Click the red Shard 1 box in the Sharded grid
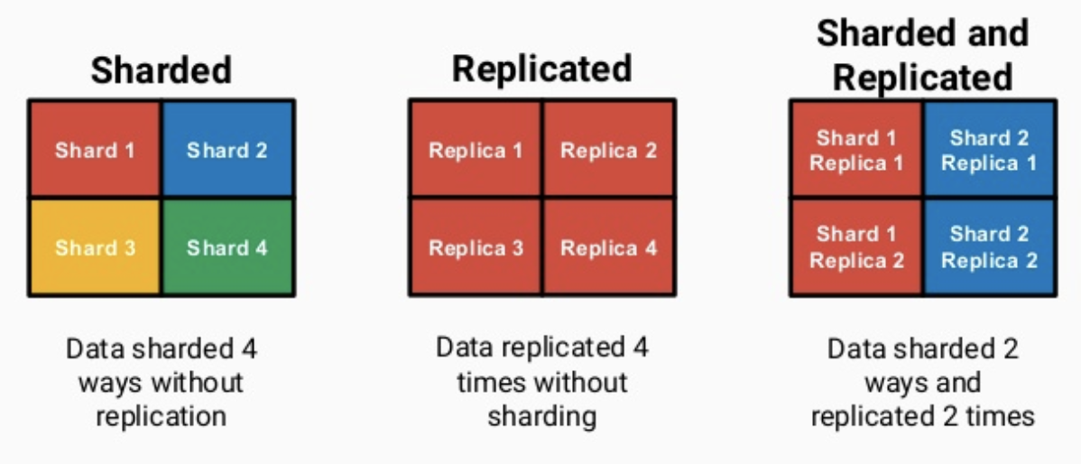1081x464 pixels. [x=95, y=149]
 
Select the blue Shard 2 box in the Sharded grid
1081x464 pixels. [x=227, y=149]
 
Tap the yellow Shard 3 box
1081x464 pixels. [x=95, y=246]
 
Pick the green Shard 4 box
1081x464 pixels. [x=227, y=246]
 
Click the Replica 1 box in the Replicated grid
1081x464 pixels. [x=476, y=150]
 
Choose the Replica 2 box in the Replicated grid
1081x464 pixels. [x=608, y=150]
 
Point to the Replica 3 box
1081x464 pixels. [x=476, y=247]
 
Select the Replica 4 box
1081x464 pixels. [x=608, y=247]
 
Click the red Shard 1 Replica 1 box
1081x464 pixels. [x=856, y=150]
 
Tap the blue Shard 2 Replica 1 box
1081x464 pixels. [x=989, y=150]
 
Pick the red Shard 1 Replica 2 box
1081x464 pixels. [x=856, y=247]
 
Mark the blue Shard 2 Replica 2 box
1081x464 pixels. [x=989, y=247]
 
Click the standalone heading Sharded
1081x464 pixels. [x=161, y=70]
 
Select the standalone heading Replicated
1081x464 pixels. [x=541, y=69]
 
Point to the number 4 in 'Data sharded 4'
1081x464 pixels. [x=249, y=348]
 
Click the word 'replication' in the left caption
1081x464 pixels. [x=161, y=416]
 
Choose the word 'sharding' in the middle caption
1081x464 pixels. [x=541, y=416]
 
